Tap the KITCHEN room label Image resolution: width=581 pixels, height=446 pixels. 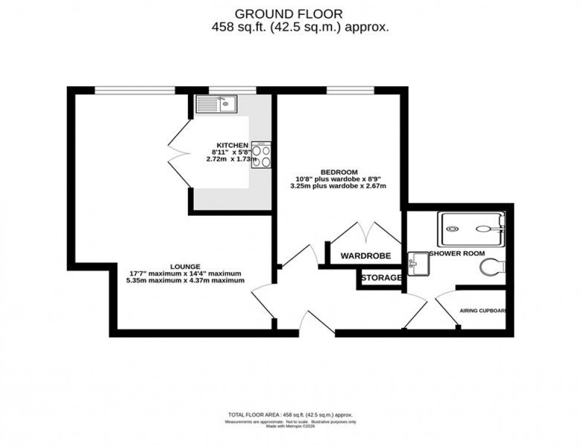click(232, 145)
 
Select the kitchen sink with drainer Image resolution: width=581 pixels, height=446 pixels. click(216, 105)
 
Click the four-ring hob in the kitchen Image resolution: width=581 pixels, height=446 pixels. click(261, 155)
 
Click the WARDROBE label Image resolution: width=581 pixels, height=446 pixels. click(366, 256)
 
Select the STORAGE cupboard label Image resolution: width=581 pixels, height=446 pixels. click(381, 277)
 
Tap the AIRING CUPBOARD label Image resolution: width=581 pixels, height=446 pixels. click(486, 311)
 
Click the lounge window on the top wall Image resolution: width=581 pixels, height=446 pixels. click(135, 90)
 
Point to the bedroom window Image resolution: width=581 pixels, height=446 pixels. click(350, 90)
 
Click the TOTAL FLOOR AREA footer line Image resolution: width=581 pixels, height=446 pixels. click(290, 415)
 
